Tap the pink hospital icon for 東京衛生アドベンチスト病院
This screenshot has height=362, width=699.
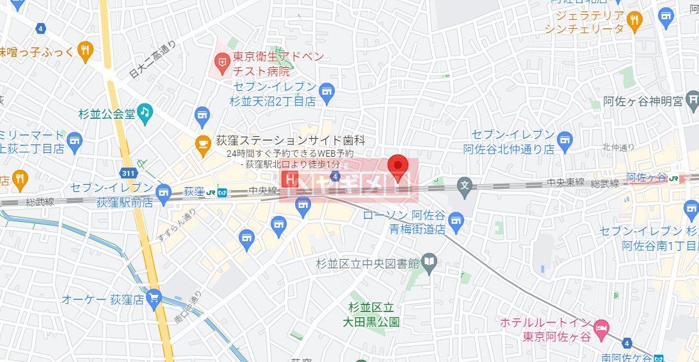coord(222,62)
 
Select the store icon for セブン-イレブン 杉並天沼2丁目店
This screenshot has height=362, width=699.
coord(327,93)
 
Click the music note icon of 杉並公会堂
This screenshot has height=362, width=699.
coord(145,113)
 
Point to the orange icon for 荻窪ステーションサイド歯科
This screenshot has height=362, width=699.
coord(204,142)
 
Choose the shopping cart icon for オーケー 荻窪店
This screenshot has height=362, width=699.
coord(154,297)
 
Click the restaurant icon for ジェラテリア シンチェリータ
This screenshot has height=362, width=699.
coord(634,20)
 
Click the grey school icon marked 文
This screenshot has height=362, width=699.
coord(465,187)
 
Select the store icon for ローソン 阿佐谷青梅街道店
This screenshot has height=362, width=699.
coord(456,222)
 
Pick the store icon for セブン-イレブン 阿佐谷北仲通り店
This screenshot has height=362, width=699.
coord(565,139)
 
